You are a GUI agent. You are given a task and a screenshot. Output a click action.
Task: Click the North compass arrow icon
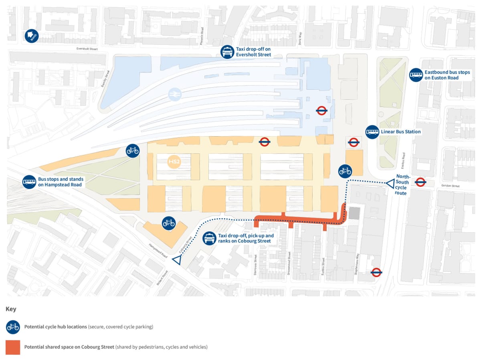click(31, 36)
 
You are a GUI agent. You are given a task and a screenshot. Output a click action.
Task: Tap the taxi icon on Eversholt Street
click(227, 52)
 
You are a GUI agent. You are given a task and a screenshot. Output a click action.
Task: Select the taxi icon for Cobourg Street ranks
click(209, 238)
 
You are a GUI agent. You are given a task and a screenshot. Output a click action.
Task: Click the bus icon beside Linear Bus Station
click(372, 132)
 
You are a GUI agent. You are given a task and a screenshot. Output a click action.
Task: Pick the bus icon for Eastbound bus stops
click(416, 75)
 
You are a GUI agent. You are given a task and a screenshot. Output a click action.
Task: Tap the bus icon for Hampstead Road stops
click(29, 182)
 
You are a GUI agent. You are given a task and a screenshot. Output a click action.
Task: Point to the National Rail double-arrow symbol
click(175, 95)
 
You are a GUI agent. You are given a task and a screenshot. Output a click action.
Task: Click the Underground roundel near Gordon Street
click(420, 182)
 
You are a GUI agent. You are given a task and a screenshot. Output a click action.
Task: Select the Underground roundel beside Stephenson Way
click(376, 272)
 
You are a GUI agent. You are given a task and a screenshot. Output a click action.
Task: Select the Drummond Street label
click(289, 261)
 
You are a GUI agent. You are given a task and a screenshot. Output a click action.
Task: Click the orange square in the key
click(13, 347)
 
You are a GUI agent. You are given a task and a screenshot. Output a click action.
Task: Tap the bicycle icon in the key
click(13, 327)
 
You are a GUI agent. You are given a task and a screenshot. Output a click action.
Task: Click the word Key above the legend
click(10, 309)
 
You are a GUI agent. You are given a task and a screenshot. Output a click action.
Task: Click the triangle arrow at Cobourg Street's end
click(176, 260)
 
